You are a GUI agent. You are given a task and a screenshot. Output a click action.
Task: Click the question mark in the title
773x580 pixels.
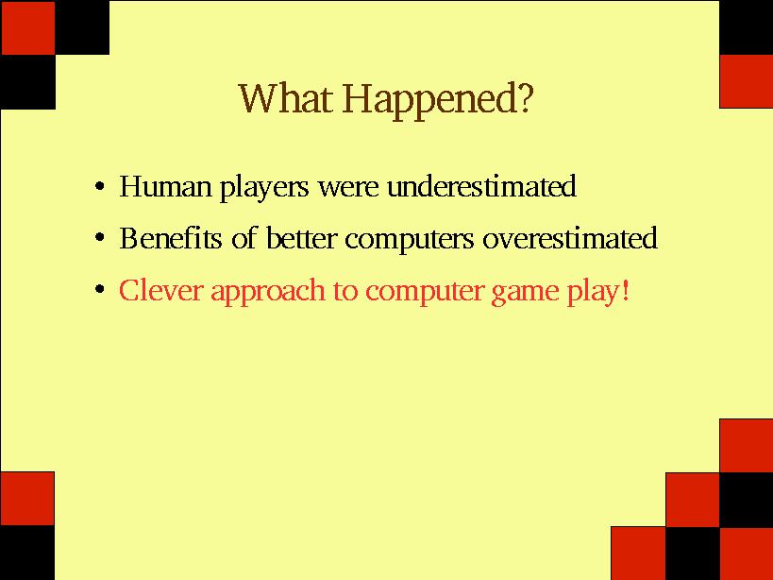click(x=526, y=97)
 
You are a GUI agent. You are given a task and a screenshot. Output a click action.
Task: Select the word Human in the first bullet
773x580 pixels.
click(x=165, y=186)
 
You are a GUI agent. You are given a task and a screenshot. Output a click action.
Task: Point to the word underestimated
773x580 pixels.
click(x=481, y=185)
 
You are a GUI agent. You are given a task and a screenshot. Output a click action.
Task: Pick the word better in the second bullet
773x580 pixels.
click(x=302, y=238)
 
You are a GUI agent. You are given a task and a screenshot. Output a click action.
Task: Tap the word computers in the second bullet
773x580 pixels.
click(x=410, y=241)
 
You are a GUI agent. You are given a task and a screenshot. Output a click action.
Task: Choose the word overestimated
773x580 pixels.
click(x=570, y=238)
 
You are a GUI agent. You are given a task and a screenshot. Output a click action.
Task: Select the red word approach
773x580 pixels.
click(x=268, y=292)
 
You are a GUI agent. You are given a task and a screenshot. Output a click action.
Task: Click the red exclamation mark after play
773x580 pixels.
click(x=626, y=289)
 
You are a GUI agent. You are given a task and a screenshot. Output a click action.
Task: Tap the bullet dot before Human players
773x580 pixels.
click(x=100, y=187)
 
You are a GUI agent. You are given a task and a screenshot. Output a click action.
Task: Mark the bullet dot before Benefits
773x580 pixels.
click(x=100, y=238)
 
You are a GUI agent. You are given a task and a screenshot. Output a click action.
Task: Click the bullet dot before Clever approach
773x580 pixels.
click(x=100, y=289)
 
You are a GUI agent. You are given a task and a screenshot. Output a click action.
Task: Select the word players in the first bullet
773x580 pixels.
click(x=263, y=188)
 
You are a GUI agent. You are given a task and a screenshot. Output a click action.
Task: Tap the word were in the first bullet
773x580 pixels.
click(x=348, y=188)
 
